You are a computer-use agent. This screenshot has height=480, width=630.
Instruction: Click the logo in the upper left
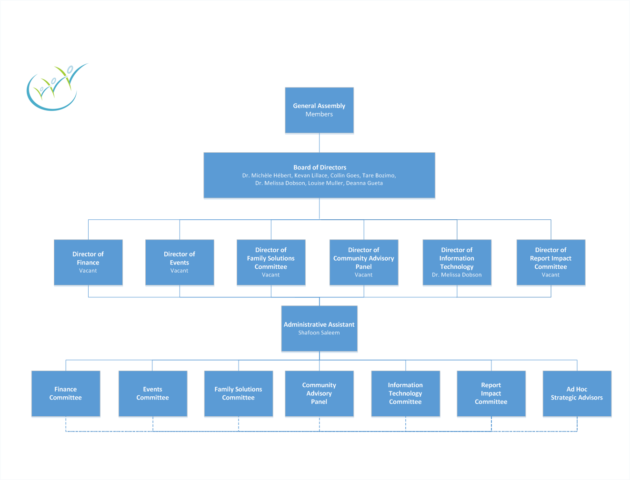(56, 87)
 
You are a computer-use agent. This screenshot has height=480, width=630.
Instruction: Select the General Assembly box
(319, 110)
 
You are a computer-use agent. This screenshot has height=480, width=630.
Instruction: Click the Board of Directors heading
(320, 167)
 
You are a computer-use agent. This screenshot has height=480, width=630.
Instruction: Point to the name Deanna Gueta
(364, 183)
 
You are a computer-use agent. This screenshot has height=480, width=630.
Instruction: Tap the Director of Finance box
(88, 262)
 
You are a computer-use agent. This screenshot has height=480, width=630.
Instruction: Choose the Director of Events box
(180, 262)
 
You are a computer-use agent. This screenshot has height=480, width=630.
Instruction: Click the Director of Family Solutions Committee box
(271, 262)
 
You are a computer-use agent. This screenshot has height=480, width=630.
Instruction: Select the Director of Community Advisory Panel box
(364, 262)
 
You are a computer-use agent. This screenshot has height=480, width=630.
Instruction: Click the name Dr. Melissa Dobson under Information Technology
(457, 275)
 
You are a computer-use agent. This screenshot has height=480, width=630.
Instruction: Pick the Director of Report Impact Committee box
(550, 262)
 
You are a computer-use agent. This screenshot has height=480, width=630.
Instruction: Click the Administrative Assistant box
(319, 328)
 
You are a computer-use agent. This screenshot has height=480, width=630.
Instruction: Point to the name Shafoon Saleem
(319, 333)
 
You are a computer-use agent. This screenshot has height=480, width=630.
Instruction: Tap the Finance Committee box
(66, 393)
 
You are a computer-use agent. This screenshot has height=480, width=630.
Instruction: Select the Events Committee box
(153, 393)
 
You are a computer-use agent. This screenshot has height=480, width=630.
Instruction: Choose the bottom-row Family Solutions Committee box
(239, 393)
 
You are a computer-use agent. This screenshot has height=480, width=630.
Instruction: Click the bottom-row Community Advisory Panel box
(319, 393)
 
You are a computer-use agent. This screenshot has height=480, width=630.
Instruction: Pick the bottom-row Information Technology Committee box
(405, 393)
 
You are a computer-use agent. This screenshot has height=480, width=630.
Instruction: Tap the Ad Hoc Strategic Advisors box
(577, 393)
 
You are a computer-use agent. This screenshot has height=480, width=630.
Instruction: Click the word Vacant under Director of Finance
(88, 271)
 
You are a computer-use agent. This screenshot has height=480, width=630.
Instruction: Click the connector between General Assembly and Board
(319, 143)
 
